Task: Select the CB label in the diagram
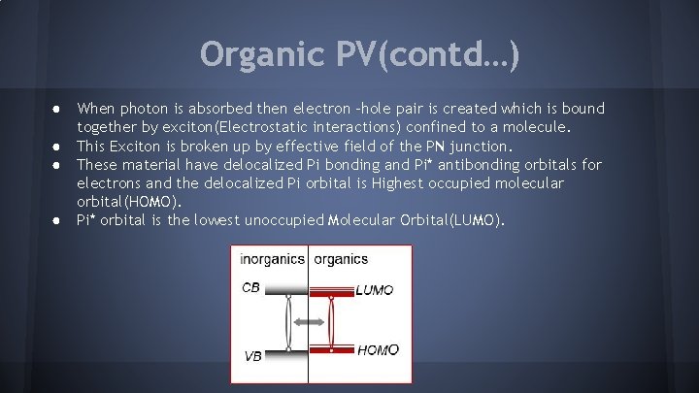[251, 287]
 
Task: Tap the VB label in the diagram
[252, 356]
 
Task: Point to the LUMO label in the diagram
[375, 289]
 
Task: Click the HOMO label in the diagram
[378, 350]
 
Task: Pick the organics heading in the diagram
[341, 259]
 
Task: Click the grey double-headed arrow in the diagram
[309, 321]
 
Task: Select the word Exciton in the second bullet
[140, 146]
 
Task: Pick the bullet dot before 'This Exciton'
[59, 146]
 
